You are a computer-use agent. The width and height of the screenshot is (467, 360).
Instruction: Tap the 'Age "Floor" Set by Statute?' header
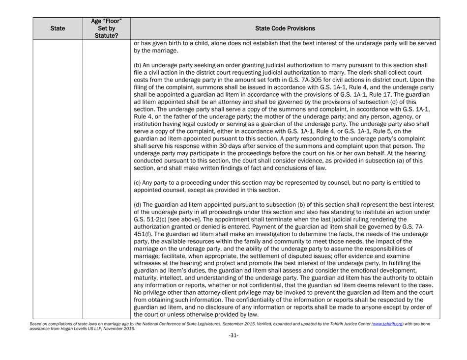107,28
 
